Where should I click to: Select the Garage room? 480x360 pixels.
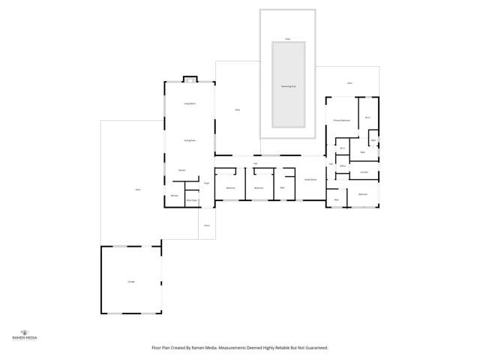[x=130, y=280]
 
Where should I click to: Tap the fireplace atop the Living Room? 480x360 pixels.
[x=190, y=79]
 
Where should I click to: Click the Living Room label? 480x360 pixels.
[x=190, y=103]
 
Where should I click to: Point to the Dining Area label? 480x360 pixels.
[x=190, y=140]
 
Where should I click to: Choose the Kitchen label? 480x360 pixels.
[x=182, y=171]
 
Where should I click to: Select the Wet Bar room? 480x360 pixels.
[x=174, y=196]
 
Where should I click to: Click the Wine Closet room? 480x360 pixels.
[x=192, y=200]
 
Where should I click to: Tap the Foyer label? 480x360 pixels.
[x=206, y=183]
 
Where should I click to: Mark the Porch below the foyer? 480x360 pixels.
[x=207, y=225]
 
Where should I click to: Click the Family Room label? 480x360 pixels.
[x=310, y=180]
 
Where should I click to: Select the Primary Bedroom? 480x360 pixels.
[x=342, y=120]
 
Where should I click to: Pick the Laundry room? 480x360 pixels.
[x=364, y=172]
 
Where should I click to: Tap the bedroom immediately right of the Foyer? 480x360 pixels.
[x=231, y=187]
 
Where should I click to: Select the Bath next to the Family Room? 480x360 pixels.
[x=282, y=187]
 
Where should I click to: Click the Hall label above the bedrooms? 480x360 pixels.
[x=256, y=163]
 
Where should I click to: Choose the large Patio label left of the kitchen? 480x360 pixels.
[x=138, y=190]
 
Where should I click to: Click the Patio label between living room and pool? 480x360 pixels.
[x=237, y=110]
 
